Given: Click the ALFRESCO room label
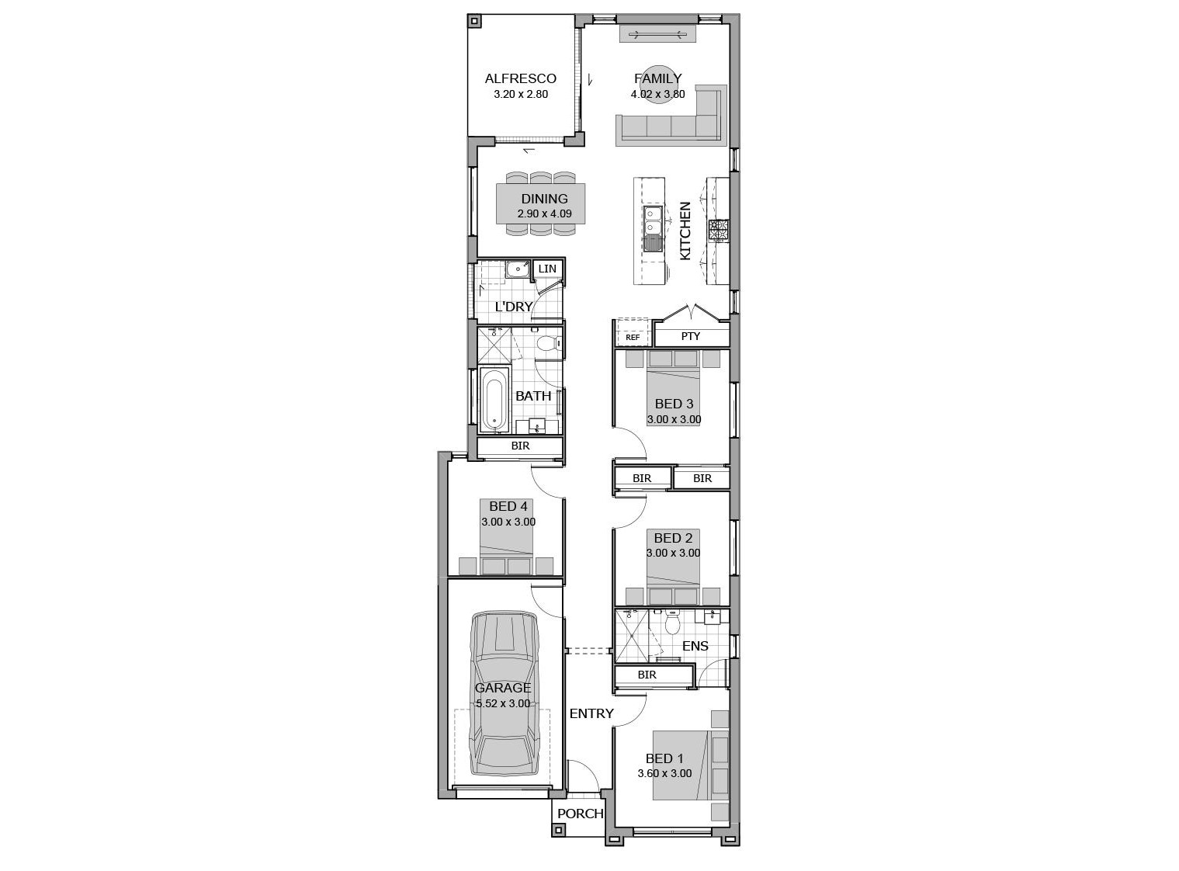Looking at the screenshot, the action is point(520,78).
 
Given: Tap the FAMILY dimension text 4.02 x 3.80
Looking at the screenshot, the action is point(657,94).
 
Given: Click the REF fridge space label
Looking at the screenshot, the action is point(633,337).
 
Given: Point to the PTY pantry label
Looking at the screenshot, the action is point(691,336).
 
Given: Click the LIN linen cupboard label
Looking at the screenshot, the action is point(547,269).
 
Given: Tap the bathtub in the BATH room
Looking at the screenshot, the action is point(495,399).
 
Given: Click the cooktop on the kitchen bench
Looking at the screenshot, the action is point(718,231).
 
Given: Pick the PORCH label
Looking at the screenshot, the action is point(580,814).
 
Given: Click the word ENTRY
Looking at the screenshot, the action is point(591,713).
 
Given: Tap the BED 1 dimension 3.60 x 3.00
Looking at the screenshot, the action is point(664,774).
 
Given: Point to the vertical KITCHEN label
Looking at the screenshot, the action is point(685,231).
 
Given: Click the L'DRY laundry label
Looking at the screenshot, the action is point(514,307).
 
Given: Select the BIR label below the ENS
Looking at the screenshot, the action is point(647,675).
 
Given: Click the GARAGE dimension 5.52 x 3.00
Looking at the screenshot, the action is point(503,703).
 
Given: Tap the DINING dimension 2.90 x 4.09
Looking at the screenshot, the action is point(544,213).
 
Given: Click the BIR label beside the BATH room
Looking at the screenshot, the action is point(520,446).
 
